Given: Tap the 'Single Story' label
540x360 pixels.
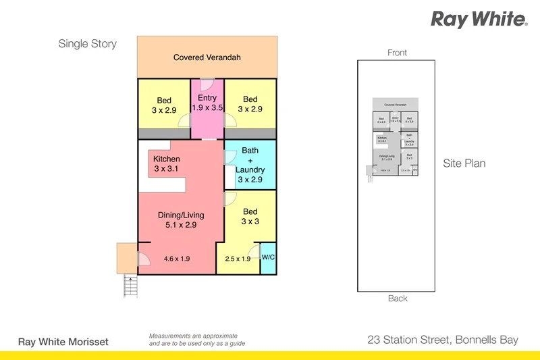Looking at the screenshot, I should pyautogui.click(x=87, y=44).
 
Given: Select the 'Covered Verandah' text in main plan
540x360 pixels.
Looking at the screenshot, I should pyautogui.click(x=207, y=57).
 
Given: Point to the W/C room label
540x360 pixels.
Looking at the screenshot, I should pyautogui.click(x=268, y=257).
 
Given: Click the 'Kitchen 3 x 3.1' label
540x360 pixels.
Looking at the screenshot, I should pyautogui.click(x=167, y=163).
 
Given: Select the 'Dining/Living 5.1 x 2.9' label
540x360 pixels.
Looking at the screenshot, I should pyautogui.click(x=181, y=220).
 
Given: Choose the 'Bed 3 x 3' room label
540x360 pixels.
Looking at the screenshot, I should pyautogui.click(x=250, y=216).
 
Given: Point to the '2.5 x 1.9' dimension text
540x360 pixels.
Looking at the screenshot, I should pyautogui.click(x=238, y=258).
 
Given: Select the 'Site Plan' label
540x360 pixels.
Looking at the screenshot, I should pyautogui.click(x=464, y=163).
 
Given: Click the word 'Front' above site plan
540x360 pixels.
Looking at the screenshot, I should pyautogui.click(x=398, y=53).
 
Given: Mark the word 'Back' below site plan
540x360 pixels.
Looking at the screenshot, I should pyautogui.click(x=398, y=299).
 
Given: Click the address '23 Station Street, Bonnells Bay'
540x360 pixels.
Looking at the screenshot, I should pyautogui.click(x=443, y=340).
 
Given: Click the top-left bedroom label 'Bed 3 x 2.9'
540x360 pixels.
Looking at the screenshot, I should pyautogui.click(x=164, y=105).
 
